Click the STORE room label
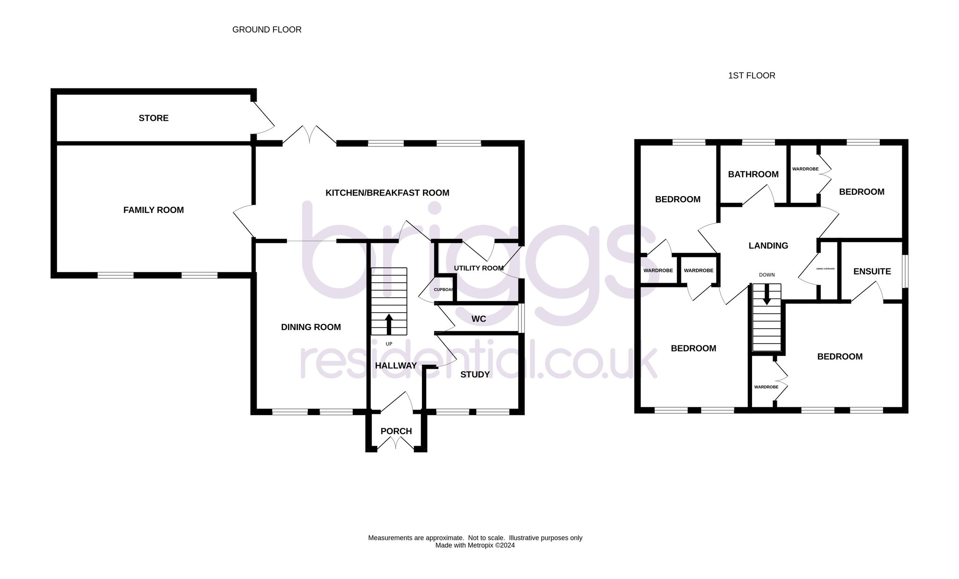154,118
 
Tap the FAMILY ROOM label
154,210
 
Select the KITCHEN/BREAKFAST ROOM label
387,193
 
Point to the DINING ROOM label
311,327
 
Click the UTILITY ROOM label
479,268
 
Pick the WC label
479,319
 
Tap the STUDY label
475,374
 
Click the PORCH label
396,431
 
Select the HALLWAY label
396,366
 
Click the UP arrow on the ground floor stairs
389,324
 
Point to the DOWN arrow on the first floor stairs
767,295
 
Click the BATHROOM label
753,174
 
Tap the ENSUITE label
872,271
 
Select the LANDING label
768,246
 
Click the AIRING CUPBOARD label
826,269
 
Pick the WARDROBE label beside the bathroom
805,169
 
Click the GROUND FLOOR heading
267,29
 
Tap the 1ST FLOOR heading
752,75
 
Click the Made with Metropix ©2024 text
475,545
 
